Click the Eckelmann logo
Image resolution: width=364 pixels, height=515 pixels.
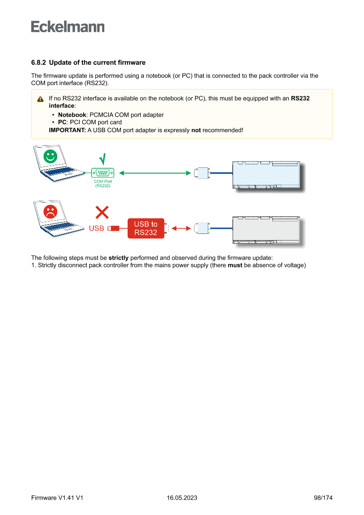68,26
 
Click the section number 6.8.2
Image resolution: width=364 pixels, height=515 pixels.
38,63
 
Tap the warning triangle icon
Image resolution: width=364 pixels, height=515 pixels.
40,99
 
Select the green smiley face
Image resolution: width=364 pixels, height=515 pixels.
51,156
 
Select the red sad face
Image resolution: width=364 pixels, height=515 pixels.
51,211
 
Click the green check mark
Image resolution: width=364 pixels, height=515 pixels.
103,159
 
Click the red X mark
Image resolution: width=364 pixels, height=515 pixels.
102,213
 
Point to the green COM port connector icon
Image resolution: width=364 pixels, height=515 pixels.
103,173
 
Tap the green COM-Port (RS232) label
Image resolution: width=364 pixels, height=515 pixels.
103,184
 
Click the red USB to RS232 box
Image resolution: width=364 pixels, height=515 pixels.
146,228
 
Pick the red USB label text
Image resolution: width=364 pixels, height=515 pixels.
96,229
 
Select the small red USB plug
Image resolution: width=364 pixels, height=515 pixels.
114,228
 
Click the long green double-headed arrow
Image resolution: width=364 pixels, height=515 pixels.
154,173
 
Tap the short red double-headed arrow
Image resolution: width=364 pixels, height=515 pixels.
181,228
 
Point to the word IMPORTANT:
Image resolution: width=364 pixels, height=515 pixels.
67,130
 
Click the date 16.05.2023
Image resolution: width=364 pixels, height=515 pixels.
182,498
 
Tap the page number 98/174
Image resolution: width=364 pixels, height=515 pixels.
323,498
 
